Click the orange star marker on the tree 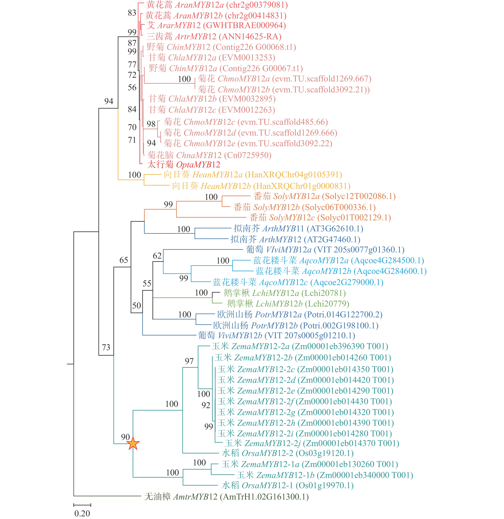(133, 444)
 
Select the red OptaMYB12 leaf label (184, 165)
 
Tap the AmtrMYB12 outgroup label (226, 496)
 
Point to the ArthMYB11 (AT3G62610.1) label (298, 229)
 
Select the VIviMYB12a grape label (325, 250)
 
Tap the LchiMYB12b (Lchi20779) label (288, 304)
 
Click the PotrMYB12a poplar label (300, 315)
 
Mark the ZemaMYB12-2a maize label (300, 346)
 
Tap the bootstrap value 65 (124, 260)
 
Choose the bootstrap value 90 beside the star (125, 437)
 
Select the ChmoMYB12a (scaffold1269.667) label (284, 79)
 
